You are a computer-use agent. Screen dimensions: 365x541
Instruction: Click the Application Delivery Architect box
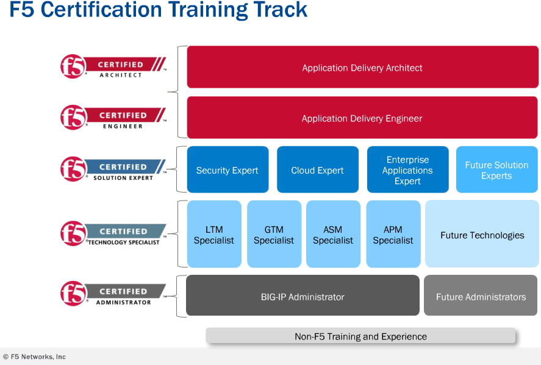(362, 68)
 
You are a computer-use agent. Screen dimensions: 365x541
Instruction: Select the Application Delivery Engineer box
(362, 118)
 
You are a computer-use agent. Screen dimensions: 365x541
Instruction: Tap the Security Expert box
(228, 170)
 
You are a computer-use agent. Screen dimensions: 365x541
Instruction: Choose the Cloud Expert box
(317, 170)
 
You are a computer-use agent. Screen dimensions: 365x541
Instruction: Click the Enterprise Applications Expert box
(407, 170)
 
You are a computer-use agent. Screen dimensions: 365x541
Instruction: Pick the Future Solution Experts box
(496, 170)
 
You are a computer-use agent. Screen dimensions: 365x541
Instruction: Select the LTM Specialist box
(214, 235)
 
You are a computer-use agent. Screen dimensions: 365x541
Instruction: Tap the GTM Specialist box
(274, 235)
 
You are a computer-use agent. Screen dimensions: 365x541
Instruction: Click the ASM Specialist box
(333, 235)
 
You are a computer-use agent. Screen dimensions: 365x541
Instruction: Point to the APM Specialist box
(393, 235)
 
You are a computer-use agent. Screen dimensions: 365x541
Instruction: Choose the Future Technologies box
(482, 235)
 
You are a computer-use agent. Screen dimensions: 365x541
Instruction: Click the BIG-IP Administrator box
(303, 297)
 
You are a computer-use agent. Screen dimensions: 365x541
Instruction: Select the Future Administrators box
(481, 297)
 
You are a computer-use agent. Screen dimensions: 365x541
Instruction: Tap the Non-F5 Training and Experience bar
(360, 336)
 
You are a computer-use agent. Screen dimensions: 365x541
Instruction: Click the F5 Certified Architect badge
(113, 66)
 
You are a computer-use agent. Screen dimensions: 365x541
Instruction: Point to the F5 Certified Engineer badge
(113, 117)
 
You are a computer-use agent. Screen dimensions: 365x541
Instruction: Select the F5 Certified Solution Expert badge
(113, 169)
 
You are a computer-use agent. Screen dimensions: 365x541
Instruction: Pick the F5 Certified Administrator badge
(113, 294)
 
